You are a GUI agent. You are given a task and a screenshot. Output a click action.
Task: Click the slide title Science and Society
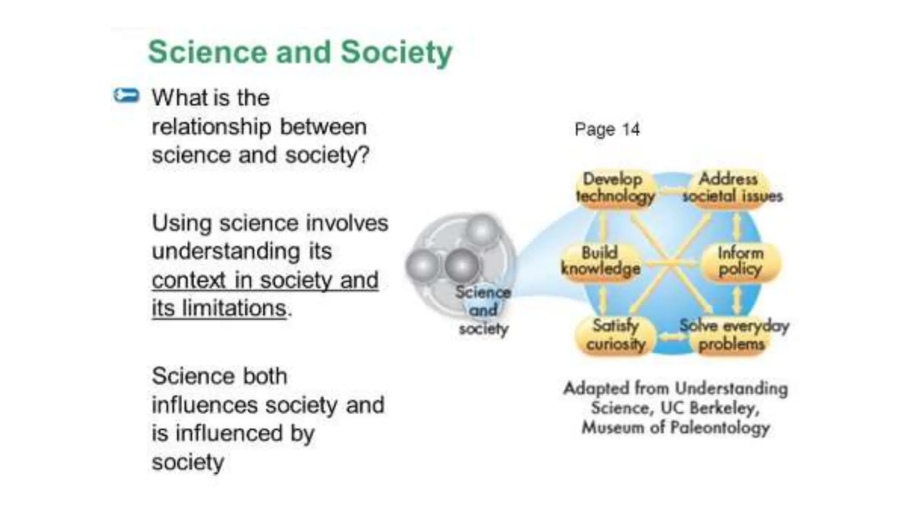click(x=300, y=52)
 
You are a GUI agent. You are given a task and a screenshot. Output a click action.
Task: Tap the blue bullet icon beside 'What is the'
click(x=126, y=96)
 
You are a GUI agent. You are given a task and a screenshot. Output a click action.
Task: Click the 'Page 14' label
click(x=607, y=130)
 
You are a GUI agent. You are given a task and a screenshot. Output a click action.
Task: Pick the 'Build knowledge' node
click(x=601, y=261)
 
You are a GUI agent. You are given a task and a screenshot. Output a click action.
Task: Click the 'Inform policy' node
click(x=740, y=261)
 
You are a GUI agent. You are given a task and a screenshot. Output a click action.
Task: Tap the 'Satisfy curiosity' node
click(x=615, y=335)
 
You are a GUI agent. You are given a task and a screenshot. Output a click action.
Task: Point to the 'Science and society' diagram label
click(x=483, y=310)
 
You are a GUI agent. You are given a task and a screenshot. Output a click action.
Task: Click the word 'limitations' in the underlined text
click(x=234, y=309)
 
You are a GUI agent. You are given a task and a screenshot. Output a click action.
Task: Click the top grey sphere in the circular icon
click(x=481, y=230)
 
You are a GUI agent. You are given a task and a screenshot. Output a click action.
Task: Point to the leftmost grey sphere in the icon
click(x=422, y=266)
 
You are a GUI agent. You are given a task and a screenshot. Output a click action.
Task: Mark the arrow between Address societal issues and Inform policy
click(x=736, y=226)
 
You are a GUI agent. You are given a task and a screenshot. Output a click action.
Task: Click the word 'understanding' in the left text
click(x=226, y=252)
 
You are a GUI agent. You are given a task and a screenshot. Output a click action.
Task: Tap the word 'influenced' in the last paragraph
click(x=229, y=433)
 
